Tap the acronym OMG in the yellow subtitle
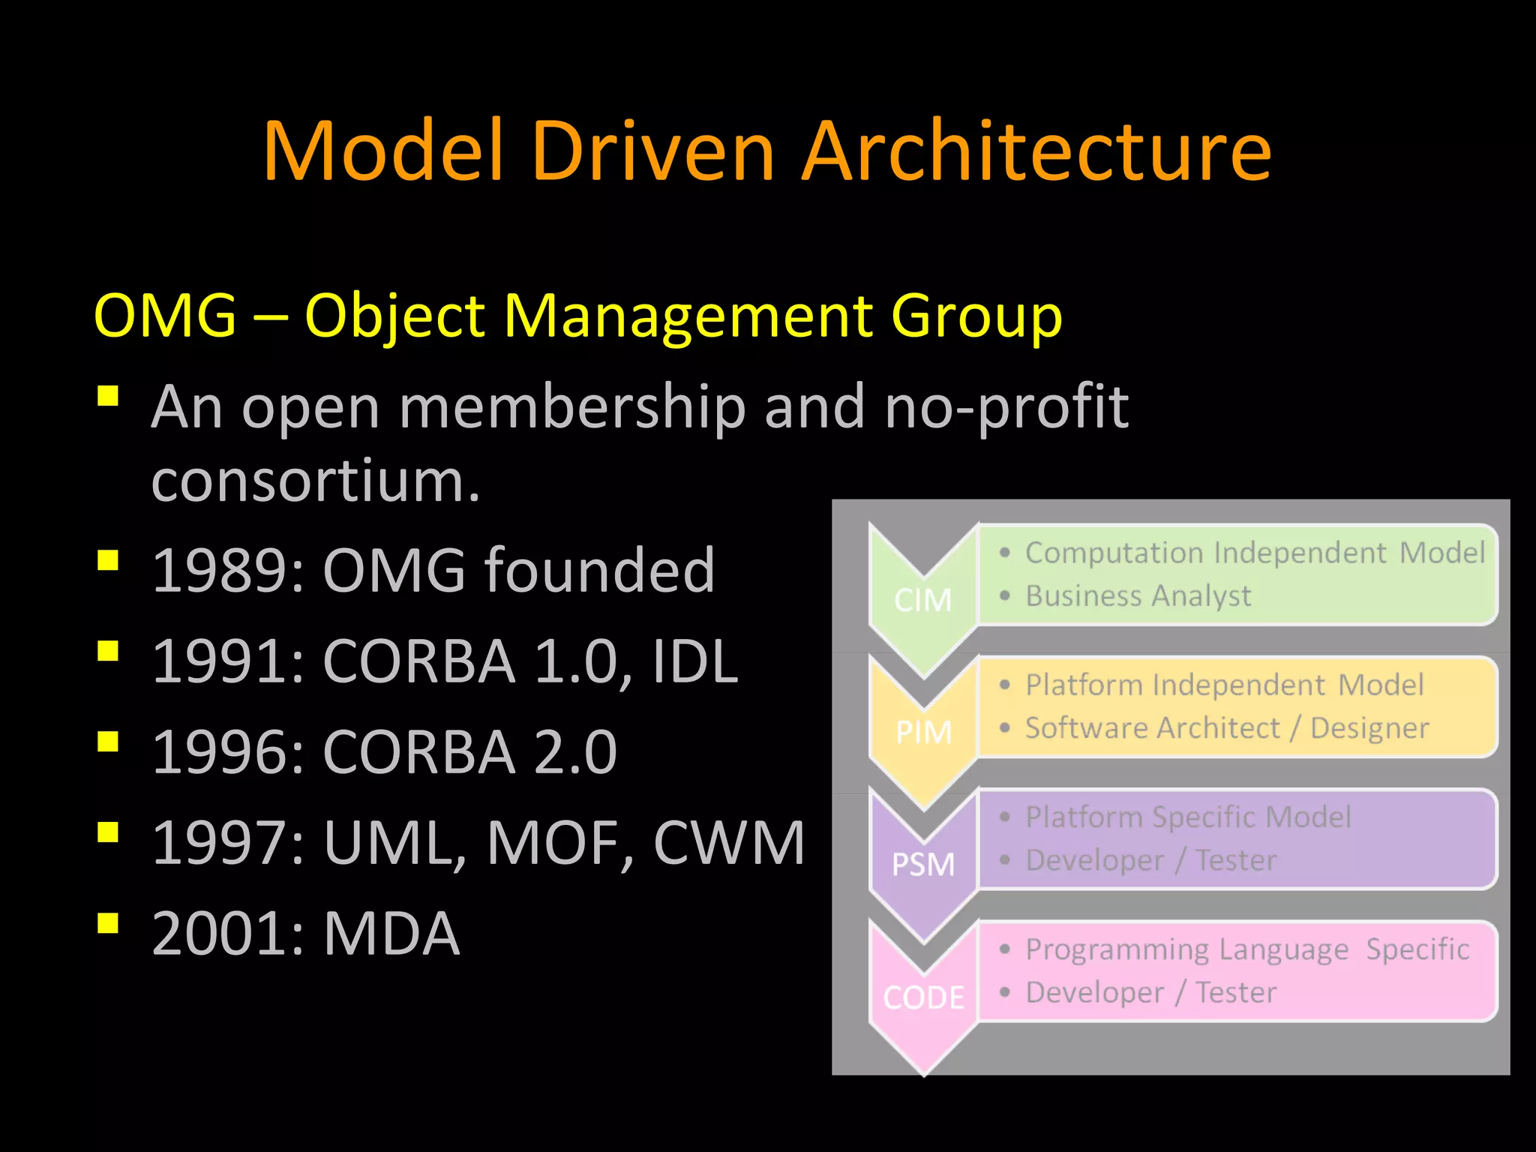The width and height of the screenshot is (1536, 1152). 166,316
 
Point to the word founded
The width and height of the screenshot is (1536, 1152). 600,571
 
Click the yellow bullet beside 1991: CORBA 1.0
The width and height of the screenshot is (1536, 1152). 108,650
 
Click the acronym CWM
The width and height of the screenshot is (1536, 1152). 729,843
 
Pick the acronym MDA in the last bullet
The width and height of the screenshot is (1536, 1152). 391,934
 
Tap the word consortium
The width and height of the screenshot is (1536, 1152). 315,481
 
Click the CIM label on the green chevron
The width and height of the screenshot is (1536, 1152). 923,600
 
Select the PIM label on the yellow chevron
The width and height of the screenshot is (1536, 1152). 924,732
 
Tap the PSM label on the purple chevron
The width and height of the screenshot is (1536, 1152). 923,865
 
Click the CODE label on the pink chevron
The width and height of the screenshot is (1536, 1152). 924,997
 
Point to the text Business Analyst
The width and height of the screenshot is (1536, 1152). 1138,596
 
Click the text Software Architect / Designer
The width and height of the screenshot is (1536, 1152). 1227,728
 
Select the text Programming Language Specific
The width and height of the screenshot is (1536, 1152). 1246,949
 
